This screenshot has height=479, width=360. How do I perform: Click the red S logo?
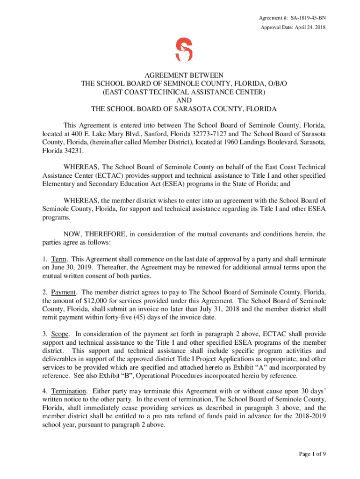(183, 50)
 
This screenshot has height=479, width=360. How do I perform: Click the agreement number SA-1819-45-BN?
(308, 18)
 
